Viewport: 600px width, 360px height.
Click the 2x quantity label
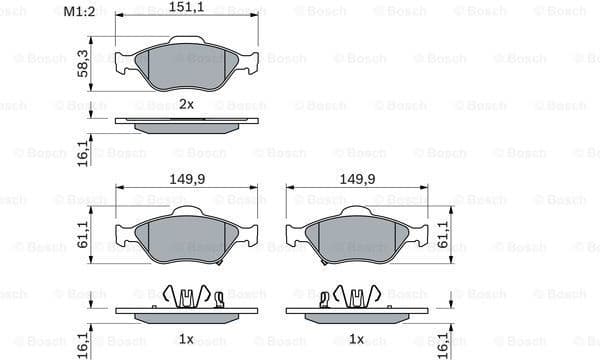pos(186,104)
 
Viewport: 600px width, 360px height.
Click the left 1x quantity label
pos(186,339)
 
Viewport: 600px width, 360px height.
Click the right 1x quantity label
pos(357,339)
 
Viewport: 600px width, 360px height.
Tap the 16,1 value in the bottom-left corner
pos(85,343)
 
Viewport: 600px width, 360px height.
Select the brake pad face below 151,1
pos(186,65)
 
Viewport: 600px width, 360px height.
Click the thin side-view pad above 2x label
pos(186,124)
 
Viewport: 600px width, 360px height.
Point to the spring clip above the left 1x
pos(189,297)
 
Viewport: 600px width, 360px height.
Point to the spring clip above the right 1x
pos(355,297)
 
